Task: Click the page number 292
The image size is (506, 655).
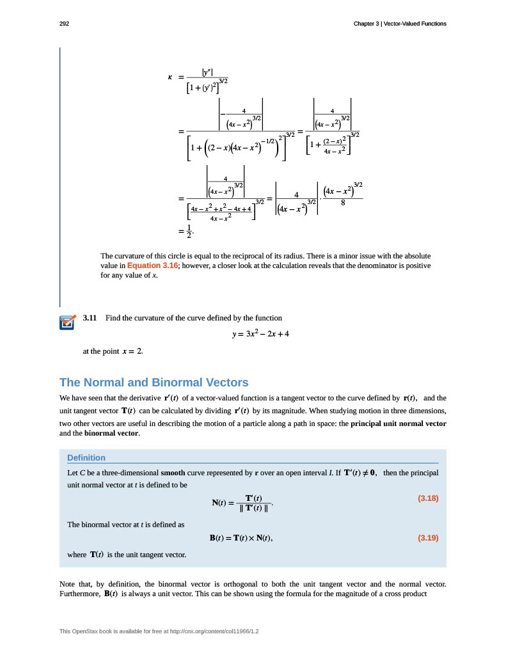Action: tap(64, 24)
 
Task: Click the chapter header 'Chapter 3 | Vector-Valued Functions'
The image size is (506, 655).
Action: tap(400, 24)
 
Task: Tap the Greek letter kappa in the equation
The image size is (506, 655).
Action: tap(170, 77)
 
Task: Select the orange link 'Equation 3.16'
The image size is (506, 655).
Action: tap(152, 265)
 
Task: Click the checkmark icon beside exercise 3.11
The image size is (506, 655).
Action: tap(67, 322)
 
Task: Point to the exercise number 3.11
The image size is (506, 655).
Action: tap(90, 318)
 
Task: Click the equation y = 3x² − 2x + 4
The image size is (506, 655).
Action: tap(261, 334)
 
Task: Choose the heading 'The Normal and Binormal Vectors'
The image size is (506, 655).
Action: tap(154, 383)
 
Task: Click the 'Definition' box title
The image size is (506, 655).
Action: tap(86, 457)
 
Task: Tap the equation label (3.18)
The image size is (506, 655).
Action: tap(427, 498)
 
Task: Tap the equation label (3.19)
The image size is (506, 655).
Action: tap(427, 538)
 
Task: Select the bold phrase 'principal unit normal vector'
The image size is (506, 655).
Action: tap(399, 423)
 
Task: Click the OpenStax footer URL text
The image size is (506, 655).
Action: tap(163, 631)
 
